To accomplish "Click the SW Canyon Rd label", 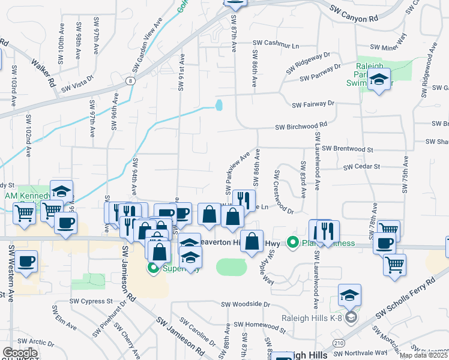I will (x=354, y=14).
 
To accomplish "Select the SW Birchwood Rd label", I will (x=301, y=127).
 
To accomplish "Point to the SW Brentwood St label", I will (x=348, y=148).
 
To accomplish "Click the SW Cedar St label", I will (x=363, y=166).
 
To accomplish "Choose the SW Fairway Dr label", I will (x=313, y=104).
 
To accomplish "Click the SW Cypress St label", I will (x=91, y=301).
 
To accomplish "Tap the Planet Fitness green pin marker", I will (x=293, y=242).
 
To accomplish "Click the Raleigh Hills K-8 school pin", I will (x=351, y=316).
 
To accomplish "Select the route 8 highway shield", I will (x=130, y=80).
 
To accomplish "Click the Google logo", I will (x=20, y=352).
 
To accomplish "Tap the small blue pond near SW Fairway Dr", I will (x=219, y=106).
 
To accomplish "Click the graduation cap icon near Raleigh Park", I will (x=379, y=79).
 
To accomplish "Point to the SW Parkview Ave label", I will (x=237, y=173).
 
